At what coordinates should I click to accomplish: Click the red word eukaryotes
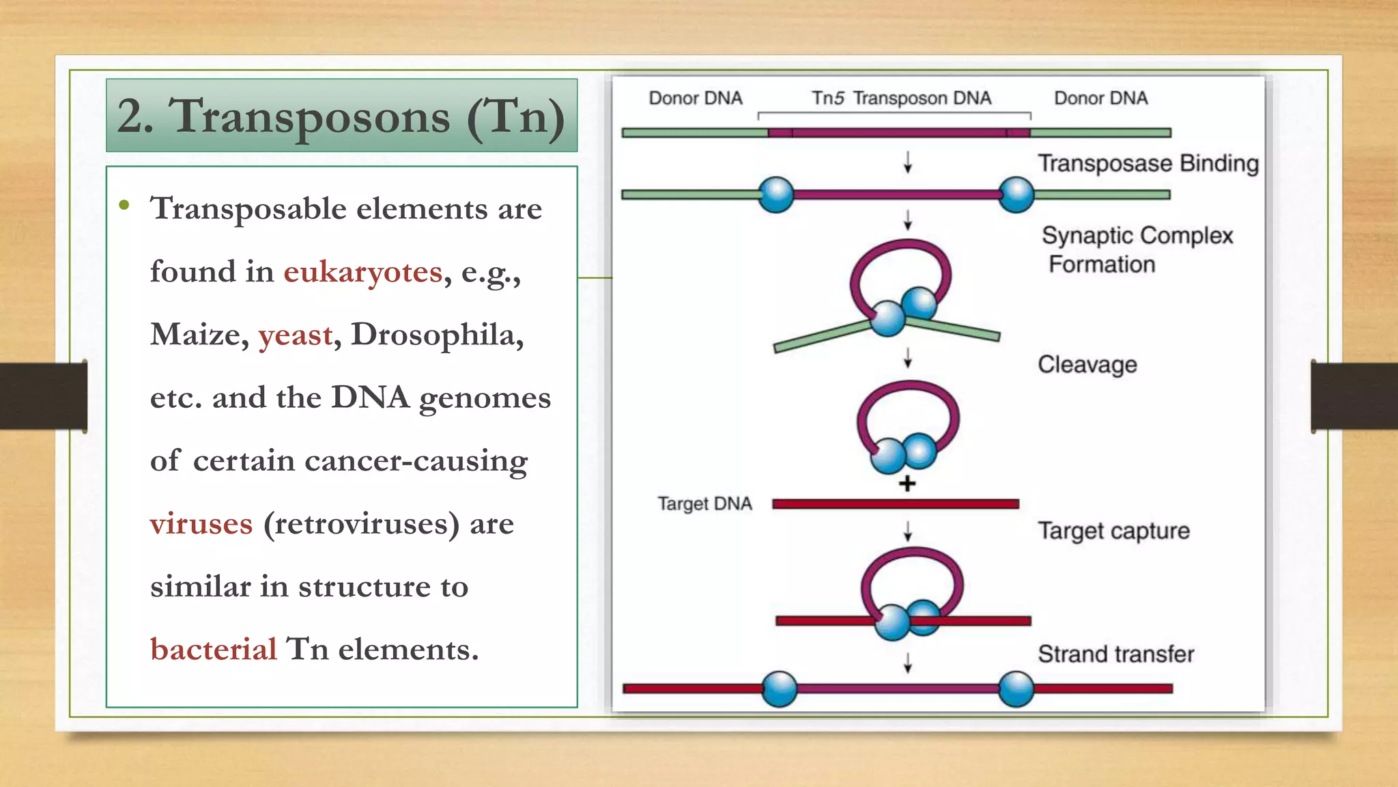(362, 273)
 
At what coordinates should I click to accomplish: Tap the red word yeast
(296, 335)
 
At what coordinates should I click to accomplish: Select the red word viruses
(201, 525)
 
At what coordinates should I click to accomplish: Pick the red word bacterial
(214, 650)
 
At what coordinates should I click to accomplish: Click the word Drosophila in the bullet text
(437, 335)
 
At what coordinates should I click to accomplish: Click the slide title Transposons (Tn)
(341, 116)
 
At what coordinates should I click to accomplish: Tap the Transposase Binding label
(1147, 164)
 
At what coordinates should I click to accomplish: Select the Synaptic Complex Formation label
(1137, 249)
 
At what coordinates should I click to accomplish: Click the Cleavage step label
(1087, 365)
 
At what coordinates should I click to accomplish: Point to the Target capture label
(1113, 531)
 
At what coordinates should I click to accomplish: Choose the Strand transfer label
(1115, 654)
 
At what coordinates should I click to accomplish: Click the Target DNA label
(704, 504)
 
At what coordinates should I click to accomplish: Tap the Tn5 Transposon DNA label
(901, 98)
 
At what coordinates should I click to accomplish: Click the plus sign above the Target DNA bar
(907, 484)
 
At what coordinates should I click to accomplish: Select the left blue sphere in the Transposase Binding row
(776, 195)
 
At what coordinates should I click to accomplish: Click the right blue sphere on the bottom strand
(1016, 689)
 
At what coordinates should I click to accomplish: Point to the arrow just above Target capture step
(908, 531)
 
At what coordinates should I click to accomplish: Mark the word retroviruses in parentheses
(362, 525)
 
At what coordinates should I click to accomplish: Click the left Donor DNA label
(695, 98)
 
